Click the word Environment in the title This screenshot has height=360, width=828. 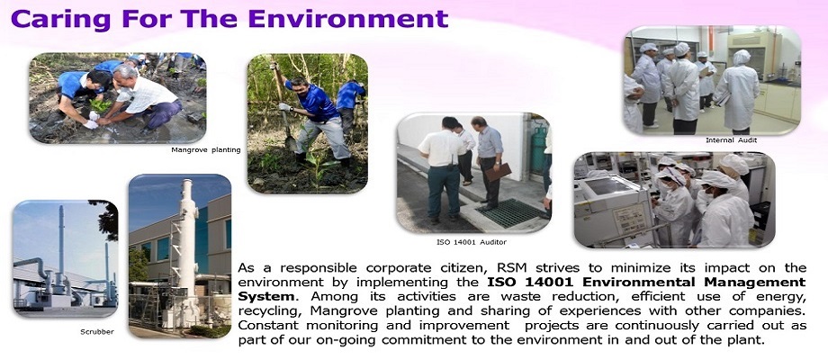click(x=348, y=19)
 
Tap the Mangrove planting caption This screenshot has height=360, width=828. click(x=206, y=150)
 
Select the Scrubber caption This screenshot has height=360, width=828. click(x=97, y=332)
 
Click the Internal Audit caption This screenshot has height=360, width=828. click(x=731, y=140)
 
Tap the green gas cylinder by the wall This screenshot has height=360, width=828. click(x=537, y=153)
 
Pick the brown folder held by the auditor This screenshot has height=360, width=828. click(x=498, y=171)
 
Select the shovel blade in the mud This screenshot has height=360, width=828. click(x=290, y=142)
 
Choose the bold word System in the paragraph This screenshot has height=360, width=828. click(x=262, y=296)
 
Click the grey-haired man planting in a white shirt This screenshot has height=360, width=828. click(x=141, y=98)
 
